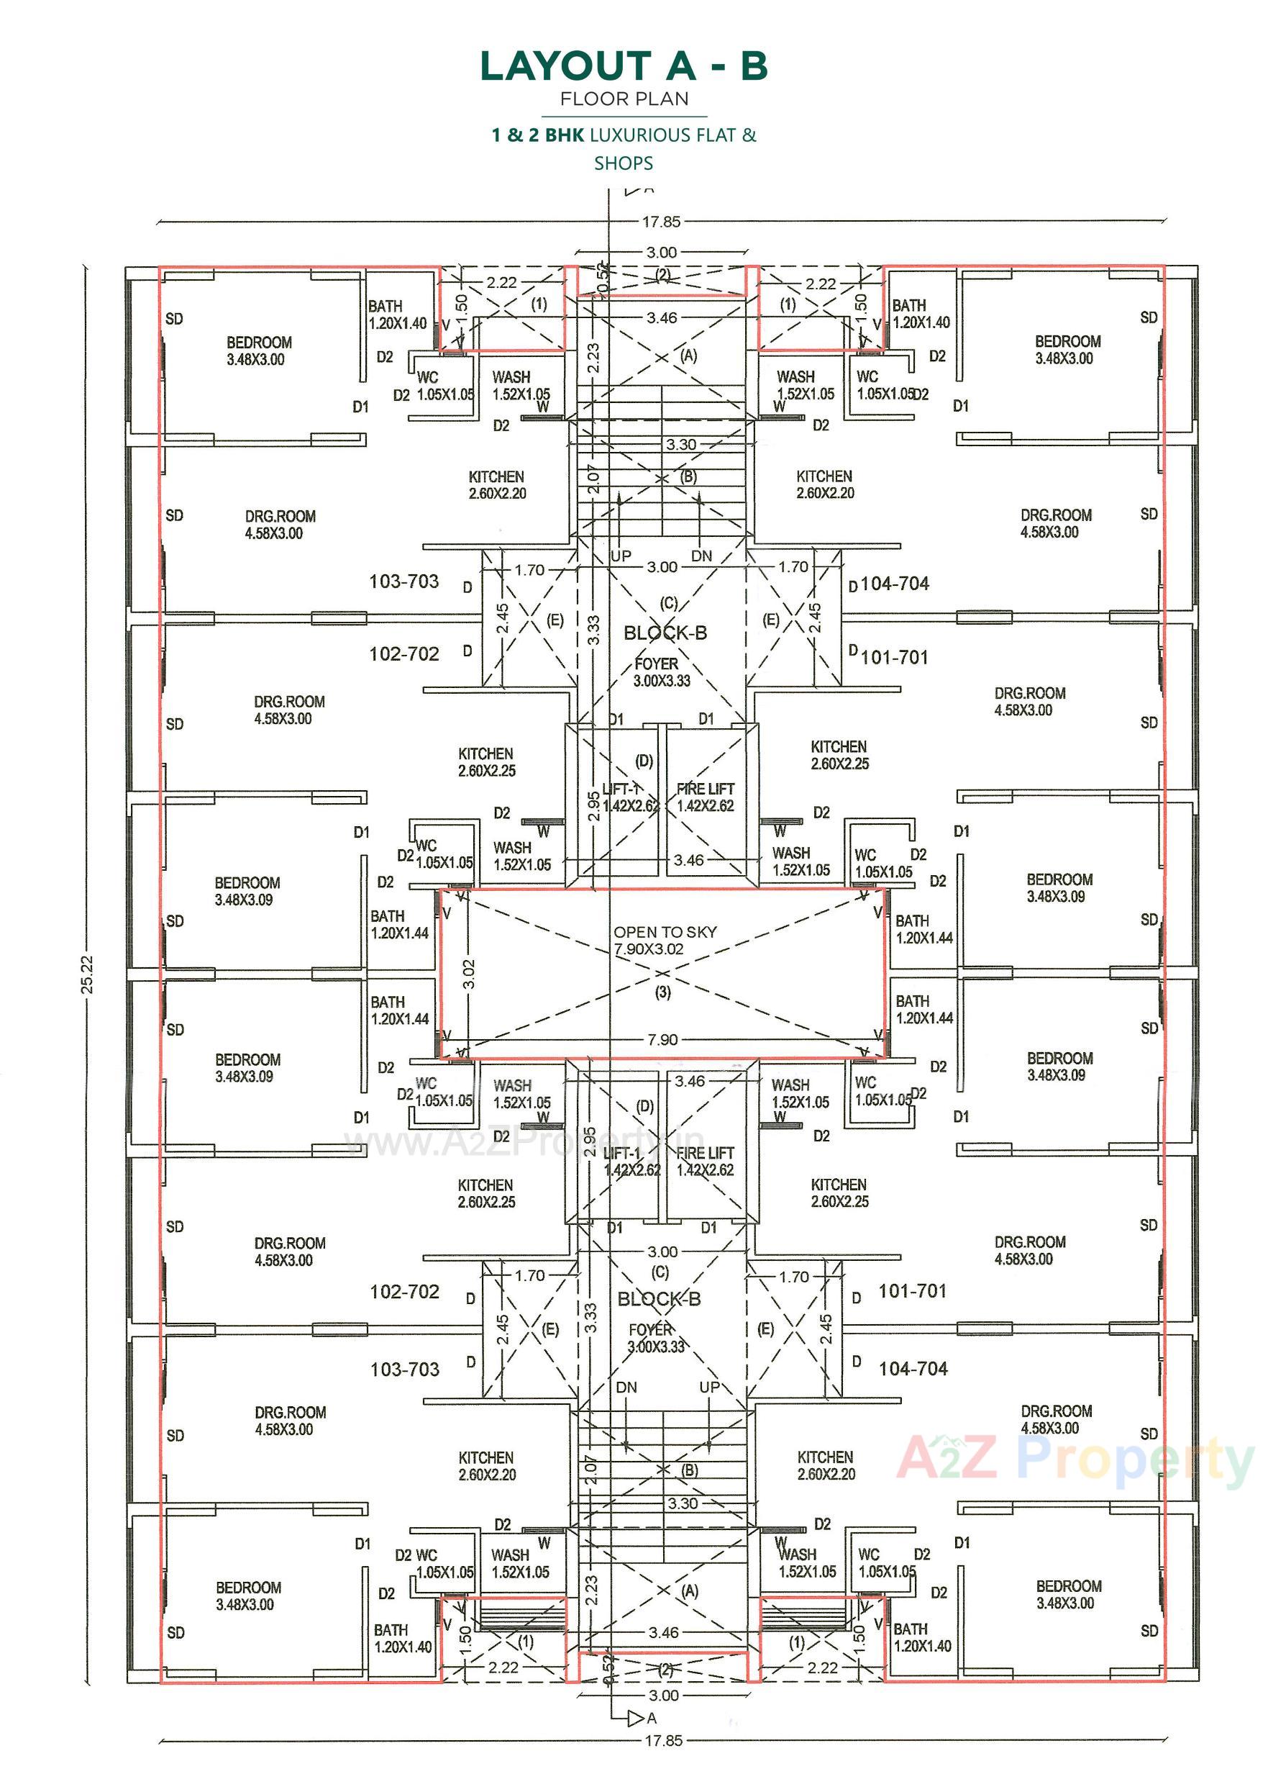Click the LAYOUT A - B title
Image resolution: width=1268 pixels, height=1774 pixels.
624,66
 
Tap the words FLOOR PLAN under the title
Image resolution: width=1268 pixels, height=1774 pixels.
624,99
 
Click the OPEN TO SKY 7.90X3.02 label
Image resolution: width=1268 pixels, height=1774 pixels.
665,941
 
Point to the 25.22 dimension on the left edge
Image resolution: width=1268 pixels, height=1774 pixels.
88,974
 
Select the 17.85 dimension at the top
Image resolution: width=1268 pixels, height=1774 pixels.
661,222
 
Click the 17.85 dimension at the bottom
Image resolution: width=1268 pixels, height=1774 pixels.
663,1740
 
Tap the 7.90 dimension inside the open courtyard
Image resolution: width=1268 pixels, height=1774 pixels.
662,1040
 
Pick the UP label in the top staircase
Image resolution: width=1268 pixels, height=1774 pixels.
621,556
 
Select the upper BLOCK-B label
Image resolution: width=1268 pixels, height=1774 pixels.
665,633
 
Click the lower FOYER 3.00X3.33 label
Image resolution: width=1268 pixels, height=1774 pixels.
654,1337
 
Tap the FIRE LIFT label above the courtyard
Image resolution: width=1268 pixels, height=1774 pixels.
705,797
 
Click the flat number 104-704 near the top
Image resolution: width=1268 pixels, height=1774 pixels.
895,584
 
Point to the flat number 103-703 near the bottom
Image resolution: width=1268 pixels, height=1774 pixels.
404,1369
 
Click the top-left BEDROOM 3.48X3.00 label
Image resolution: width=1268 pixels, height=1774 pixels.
258,350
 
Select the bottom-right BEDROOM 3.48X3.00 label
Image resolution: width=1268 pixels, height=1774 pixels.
1067,1594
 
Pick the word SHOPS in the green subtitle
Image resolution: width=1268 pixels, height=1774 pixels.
624,163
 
